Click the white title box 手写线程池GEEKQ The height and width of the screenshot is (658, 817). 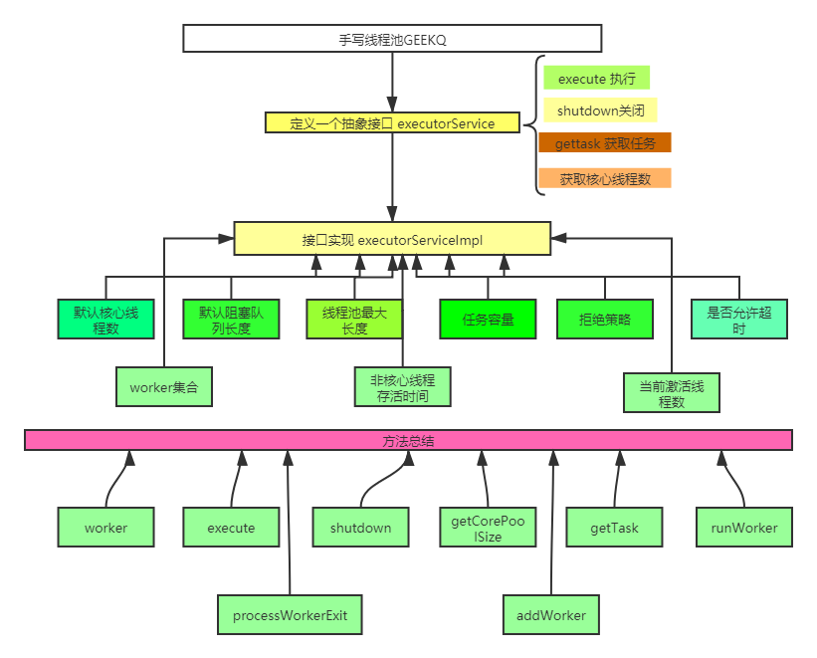392,39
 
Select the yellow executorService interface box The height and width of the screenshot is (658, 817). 392,123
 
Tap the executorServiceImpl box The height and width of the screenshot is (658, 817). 392,239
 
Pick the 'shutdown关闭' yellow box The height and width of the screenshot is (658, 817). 600,110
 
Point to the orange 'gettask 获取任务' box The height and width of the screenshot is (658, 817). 605,143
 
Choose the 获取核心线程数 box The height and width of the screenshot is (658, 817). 605,179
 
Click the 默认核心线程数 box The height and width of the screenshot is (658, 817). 106,320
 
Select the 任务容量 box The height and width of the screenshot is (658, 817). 488,320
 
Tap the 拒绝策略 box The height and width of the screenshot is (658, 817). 604,320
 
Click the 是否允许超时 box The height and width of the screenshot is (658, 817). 738,320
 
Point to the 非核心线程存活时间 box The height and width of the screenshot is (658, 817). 402,387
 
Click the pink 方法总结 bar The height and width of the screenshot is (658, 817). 408,440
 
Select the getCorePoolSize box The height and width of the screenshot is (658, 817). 489,528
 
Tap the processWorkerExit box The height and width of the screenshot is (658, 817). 290,615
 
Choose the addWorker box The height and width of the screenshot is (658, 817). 550,615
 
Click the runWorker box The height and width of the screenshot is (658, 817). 744,528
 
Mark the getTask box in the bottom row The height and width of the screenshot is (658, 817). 614,528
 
